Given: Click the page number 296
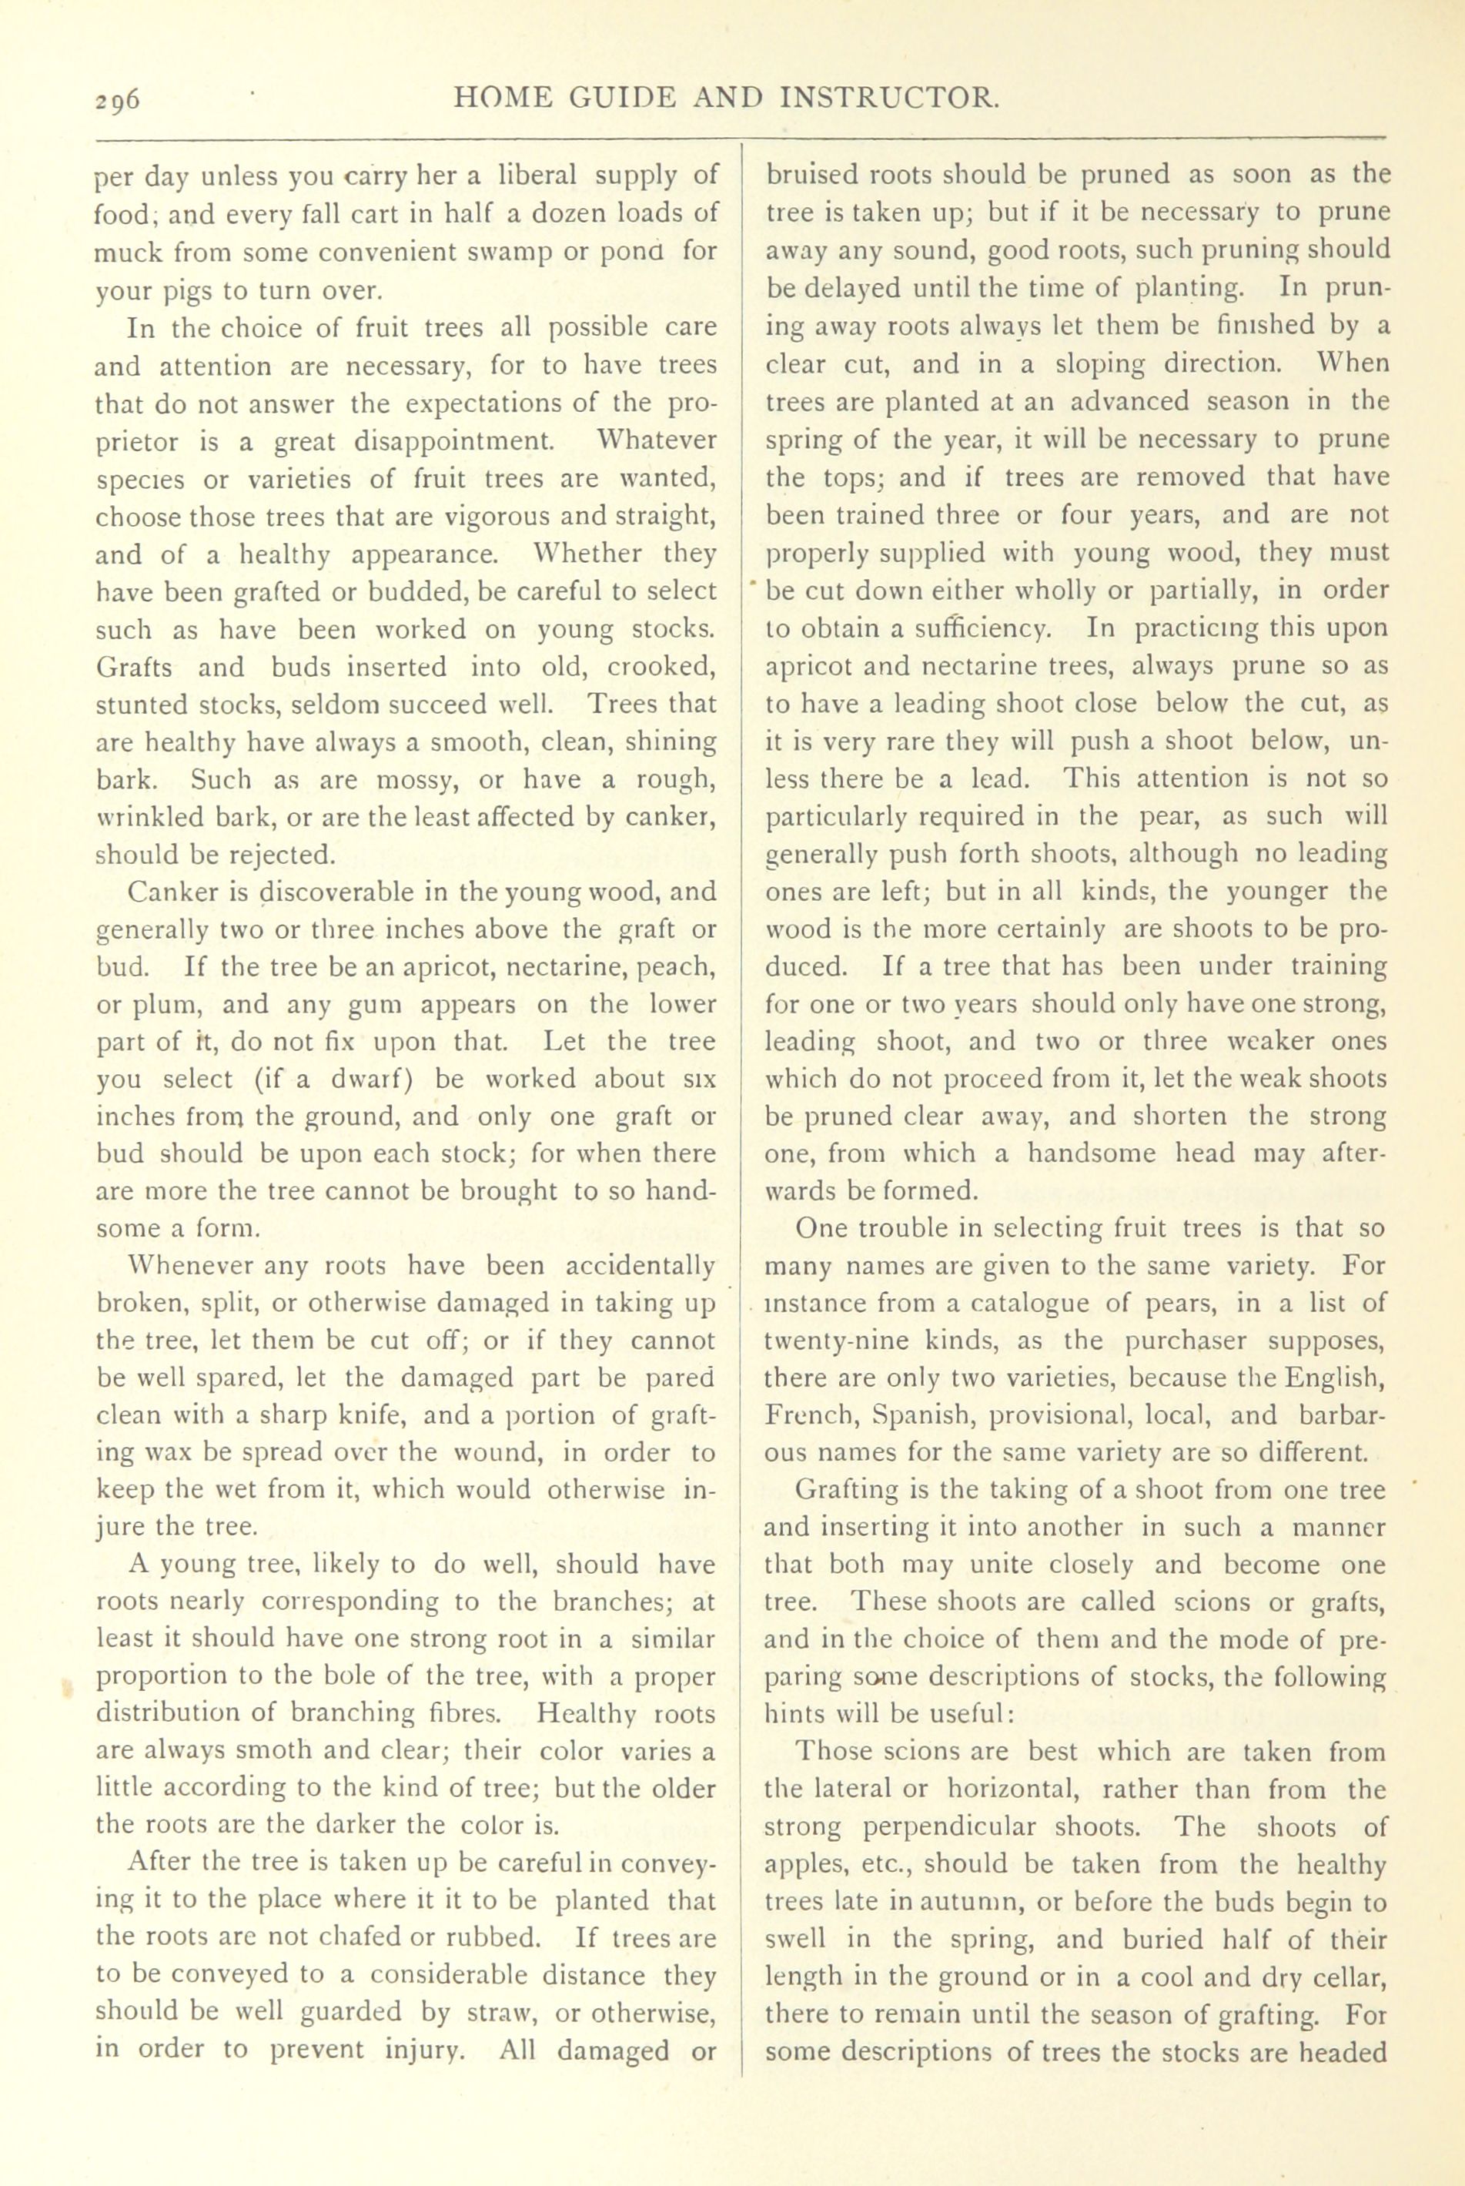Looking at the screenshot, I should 115,99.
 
